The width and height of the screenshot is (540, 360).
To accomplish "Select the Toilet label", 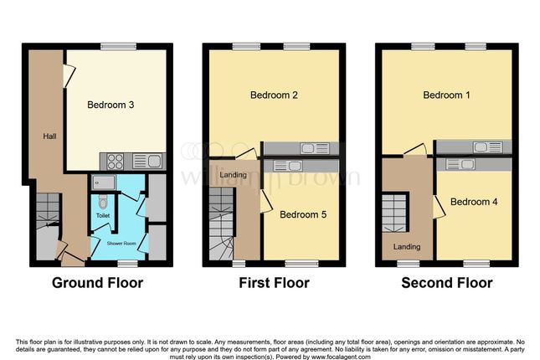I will coord(103,215).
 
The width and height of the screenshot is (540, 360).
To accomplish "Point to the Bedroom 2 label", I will coord(274,95).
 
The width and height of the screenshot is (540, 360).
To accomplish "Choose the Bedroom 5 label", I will coord(302,214).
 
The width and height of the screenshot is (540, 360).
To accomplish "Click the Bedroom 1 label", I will coord(446,95).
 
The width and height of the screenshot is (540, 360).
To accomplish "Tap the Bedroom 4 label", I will coord(474,202).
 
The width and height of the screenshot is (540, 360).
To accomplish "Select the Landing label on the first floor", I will coord(222,174).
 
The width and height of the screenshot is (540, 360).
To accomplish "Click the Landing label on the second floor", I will coord(407,246).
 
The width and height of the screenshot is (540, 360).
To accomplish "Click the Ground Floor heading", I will coord(97,283).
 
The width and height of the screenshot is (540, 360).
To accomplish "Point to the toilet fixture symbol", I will coord(102,201).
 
